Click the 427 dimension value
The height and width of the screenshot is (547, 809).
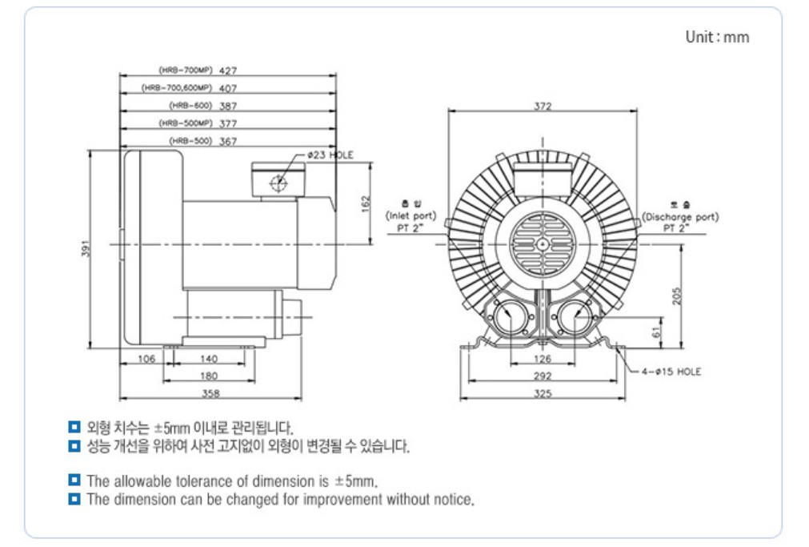[x=228, y=70]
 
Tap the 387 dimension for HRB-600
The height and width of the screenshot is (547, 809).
[x=228, y=106]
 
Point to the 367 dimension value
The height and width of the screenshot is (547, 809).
[x=228, y=141]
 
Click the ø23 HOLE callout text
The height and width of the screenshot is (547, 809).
[x=330, y=155]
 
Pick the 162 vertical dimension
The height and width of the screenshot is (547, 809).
[x=366, y=204]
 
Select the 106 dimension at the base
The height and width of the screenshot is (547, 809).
[x=146, y=359]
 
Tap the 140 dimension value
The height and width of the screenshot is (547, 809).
[x=209, y=359]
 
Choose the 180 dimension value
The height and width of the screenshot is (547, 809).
[x=209, y=376]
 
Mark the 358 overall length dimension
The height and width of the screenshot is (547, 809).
[x=210, y=393]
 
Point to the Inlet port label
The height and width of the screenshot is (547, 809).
[x=411, y=216]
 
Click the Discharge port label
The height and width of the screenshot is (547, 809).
[x=680, y=216]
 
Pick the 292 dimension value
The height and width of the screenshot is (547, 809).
[x=543, y=376]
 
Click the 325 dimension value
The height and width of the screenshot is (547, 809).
[x=543, y=393]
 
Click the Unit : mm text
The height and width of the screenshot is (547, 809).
[x=717, y=37]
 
